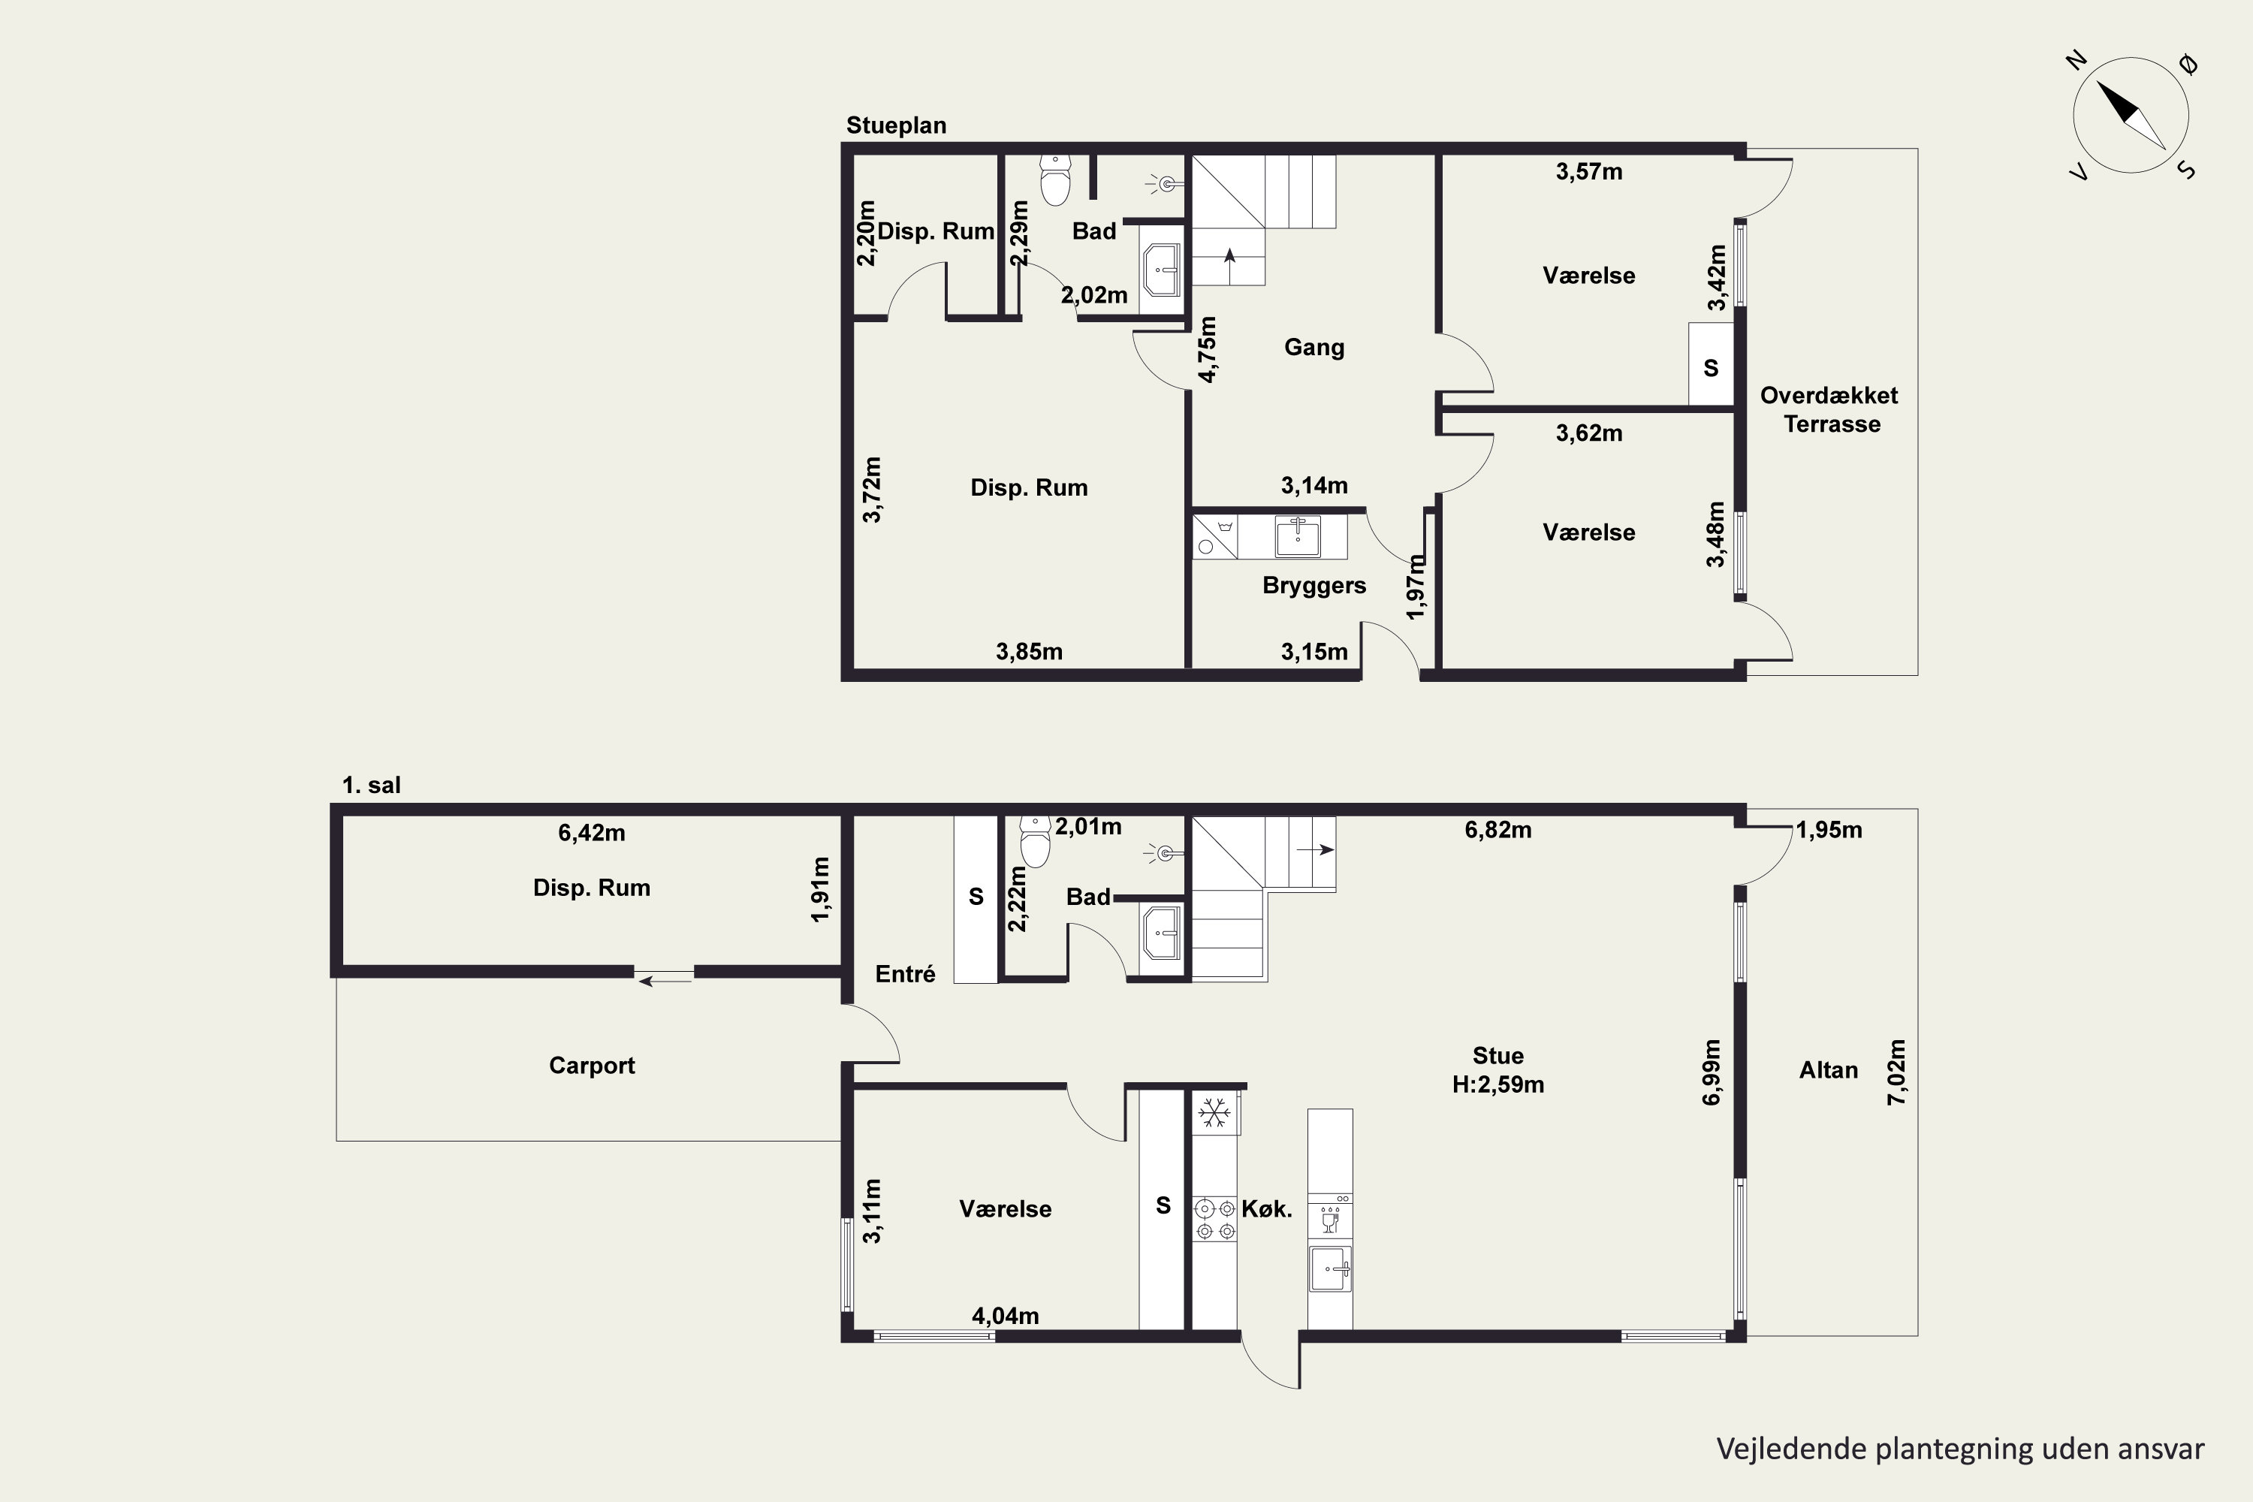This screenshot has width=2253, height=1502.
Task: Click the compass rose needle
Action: coord(2131,115)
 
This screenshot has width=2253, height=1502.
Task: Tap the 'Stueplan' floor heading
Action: coord(896,125)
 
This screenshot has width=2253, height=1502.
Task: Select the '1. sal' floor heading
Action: coord(372,786)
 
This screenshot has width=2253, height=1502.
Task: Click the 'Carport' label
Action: coord(592,1065)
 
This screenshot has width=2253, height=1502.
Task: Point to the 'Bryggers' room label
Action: coord(1314,585)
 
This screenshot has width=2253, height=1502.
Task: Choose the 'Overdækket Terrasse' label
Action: coord(1829,410)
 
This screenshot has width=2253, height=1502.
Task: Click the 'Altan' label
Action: coord(1829,1070)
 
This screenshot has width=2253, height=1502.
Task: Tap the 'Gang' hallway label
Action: coord(1314,348)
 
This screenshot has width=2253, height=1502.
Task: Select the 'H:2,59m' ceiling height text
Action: coord(1498,1085)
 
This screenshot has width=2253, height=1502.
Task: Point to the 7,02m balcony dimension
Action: coord(1897,1072)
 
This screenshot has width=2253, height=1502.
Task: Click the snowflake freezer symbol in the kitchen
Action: coord(1214,1113)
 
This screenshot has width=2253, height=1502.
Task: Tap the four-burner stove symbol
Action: coord(1214,1220)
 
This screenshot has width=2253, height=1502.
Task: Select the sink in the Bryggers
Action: coord(1298,536)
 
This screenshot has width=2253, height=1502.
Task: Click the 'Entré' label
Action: coord(905,974)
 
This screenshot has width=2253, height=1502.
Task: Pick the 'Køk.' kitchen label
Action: coord(1266,1209)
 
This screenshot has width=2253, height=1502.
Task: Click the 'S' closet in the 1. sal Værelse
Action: coord(1163,1206)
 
